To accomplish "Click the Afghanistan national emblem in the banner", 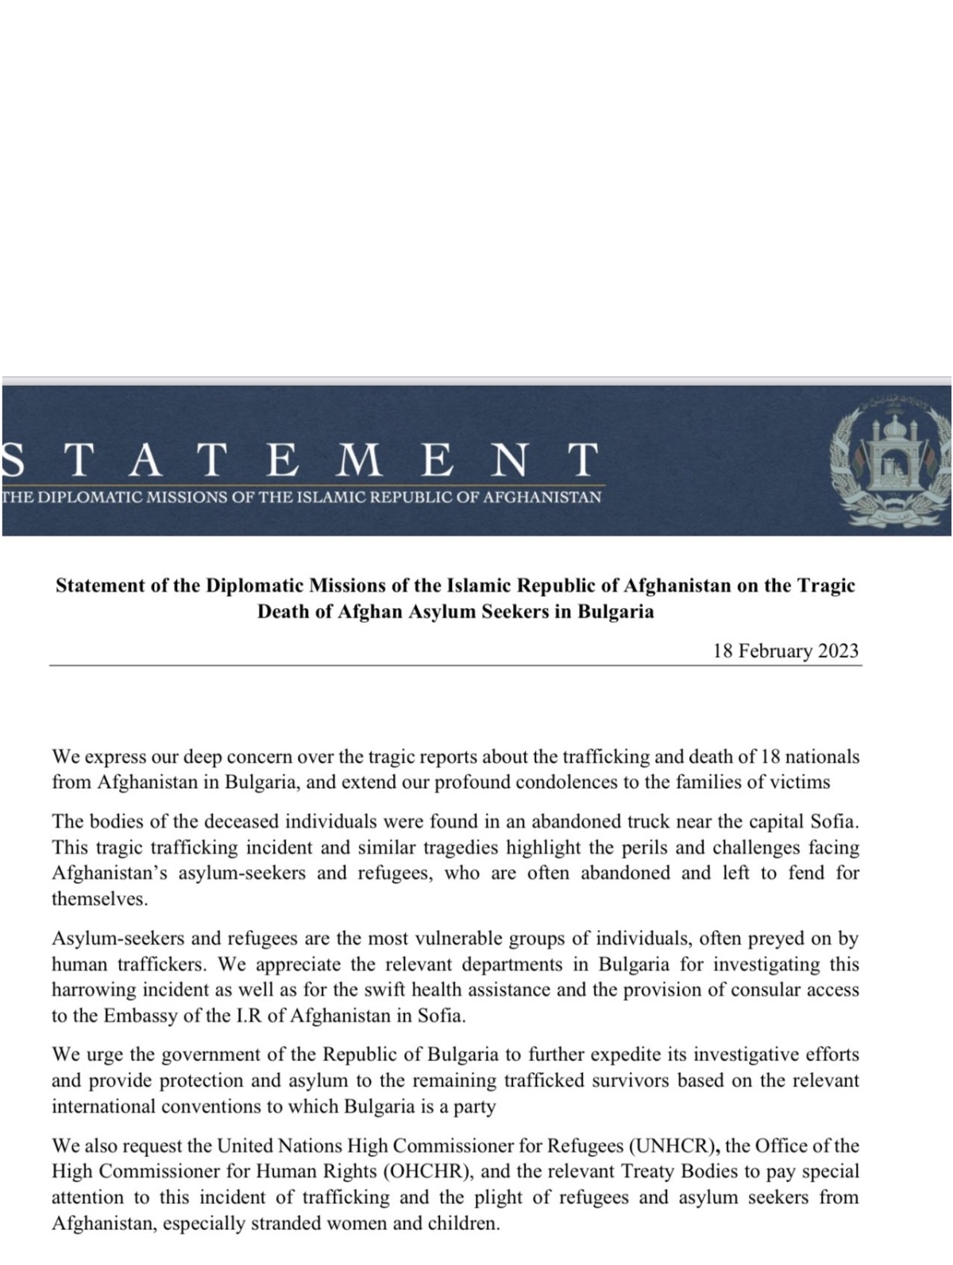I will [x=889, y=459].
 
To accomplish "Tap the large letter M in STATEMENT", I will [x=358, y=459].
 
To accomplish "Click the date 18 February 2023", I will [x=785, y=651].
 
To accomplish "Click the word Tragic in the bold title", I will [x=825, y=586].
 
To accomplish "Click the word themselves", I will [x=99, y=899].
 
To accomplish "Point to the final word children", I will [x=463, y=1223].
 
